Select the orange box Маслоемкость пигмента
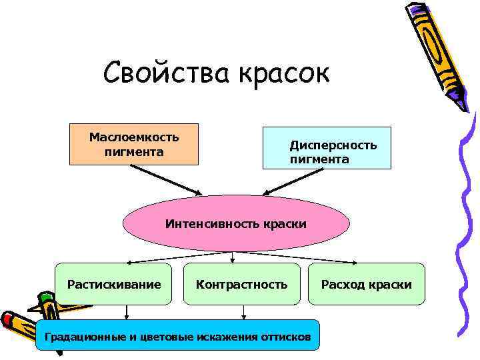tap(134, 144)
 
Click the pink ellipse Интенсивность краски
tap(236, 223)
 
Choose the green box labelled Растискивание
tap(114, 285)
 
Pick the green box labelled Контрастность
tap(241, 285)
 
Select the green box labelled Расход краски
tap(366, 285)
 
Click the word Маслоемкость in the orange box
tap(134, 137)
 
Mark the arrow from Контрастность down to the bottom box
tap(243, 313)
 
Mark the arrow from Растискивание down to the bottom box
tap(127, 313)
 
